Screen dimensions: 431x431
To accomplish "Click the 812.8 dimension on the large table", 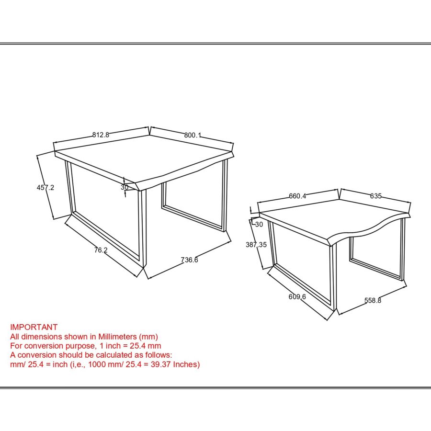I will coord(101,135).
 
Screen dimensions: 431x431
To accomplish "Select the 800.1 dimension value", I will coord(192,136).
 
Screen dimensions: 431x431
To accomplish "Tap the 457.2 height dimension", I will coord(45,188).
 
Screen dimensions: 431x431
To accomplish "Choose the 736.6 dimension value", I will coord(190,260).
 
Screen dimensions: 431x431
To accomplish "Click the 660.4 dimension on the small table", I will coord(297,196).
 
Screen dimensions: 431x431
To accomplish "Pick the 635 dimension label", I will coord(375,196).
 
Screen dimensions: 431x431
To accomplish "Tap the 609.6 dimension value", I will coord(297,297).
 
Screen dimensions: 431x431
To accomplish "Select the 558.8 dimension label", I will coord(373,301).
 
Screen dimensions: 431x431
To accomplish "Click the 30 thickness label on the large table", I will coord(125,187).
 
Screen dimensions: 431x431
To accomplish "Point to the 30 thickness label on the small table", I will coord(259,224).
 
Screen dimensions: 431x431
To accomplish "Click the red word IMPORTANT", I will coord(34,327).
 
